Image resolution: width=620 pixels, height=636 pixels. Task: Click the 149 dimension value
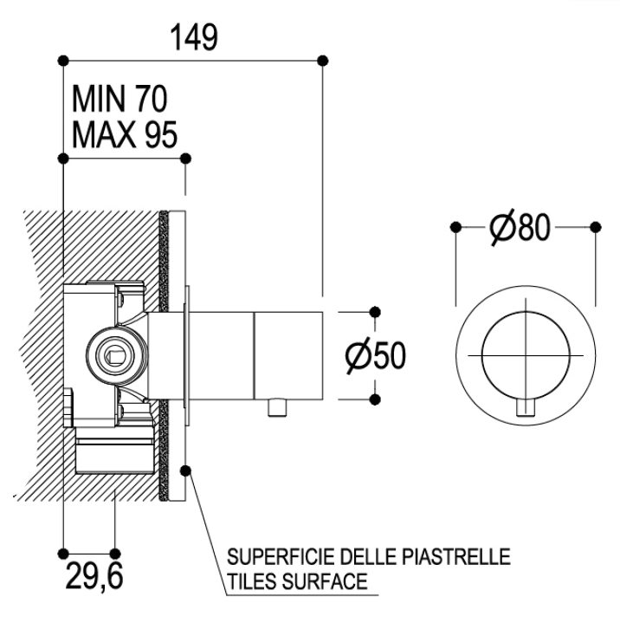(x=194, y=38)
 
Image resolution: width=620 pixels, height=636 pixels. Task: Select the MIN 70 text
(x=119, y=100)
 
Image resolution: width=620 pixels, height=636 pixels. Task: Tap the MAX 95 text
(x=125, y=135)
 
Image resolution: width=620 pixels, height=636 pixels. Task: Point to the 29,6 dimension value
(x=94, y=576)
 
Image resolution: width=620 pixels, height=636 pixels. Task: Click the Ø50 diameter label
(x=375, y=356)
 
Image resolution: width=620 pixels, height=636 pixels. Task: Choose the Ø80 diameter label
(x=520, y=226)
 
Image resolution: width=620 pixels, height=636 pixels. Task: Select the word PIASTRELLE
(x=455, y=556)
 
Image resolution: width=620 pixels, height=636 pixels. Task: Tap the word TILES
(x=252, y=581)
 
